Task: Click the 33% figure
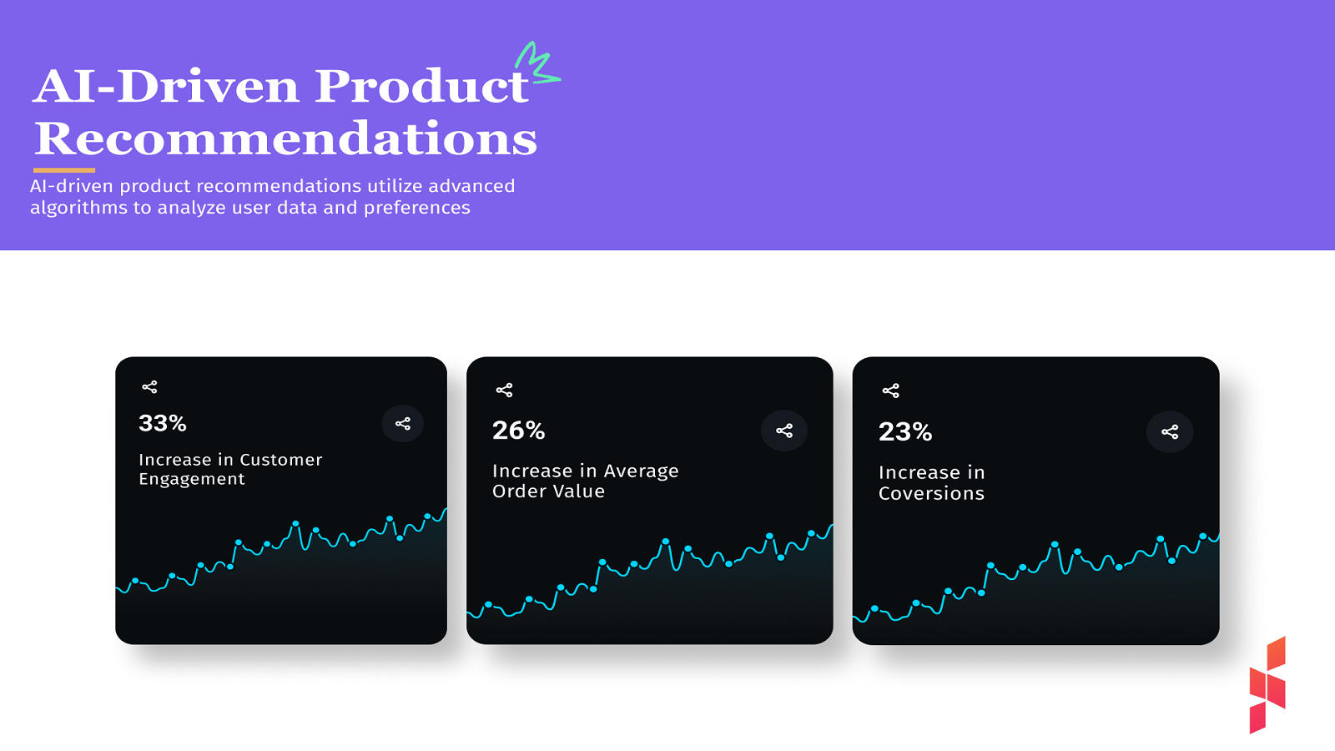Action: pos(163,423)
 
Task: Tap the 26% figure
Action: pos(518,430)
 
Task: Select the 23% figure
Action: pos(904,431)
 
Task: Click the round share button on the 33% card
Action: pos(403,424)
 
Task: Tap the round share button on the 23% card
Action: pos(1170,431)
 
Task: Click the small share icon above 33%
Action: pos(149,387)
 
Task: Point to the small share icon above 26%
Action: pos(504,390)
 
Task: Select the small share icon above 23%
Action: pos(890,391)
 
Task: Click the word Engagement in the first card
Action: pos(192,480)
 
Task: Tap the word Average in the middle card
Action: pos(641,471)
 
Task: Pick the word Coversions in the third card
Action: pos(931,494)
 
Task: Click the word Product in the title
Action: pos(421,86)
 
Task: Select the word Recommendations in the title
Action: pos(285,139)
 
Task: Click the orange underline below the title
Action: pos(64,170)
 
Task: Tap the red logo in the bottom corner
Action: pos(1267,685)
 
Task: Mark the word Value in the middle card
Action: pos(578,491)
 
